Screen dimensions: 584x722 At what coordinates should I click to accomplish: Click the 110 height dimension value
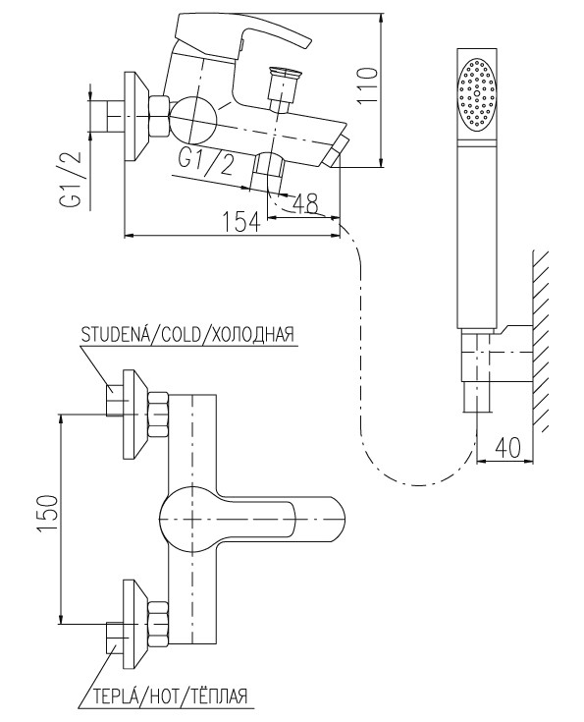[x=368, y=86]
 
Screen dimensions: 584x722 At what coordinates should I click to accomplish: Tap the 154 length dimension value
[x=242, y=222]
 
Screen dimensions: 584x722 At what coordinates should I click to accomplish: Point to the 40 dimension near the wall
[x=508, y=447]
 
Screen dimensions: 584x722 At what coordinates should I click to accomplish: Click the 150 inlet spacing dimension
[x=48, y=514]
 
